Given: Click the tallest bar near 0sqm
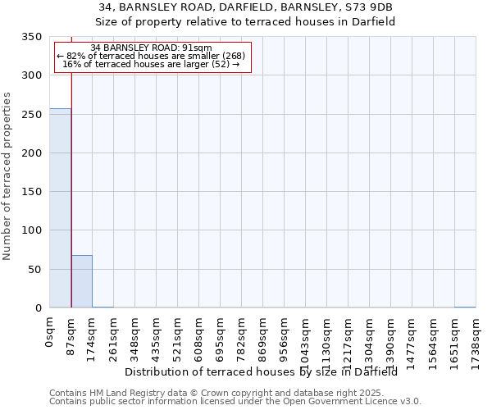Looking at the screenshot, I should point(60,208).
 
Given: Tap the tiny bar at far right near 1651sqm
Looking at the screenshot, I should point(465,307).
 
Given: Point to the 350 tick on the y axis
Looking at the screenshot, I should point(32,37).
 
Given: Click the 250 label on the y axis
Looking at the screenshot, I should point(32,115).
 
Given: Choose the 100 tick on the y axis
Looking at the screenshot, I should point(32,230).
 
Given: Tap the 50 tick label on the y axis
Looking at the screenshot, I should point(35,270).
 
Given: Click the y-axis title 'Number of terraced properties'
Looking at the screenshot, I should point(7,175).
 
